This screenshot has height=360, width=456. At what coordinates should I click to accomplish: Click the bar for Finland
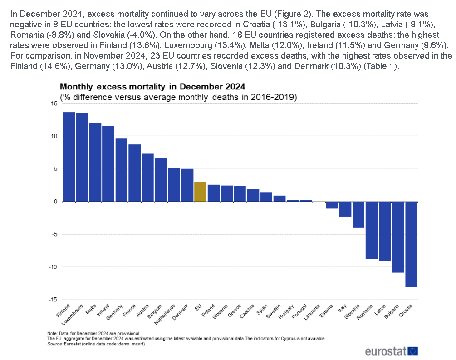tap(69, 157)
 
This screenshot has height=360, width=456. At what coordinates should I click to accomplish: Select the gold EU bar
tap(200, 192)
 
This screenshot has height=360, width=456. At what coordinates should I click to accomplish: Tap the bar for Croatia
tap(411, 244)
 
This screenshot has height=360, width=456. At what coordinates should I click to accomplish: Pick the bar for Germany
tap(121, 170)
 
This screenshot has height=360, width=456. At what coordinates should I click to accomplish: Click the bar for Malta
tap(95, 162)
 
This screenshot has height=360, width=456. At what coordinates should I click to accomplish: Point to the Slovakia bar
tap(358, 215)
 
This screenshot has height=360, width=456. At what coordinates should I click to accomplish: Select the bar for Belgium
tap(161, 180)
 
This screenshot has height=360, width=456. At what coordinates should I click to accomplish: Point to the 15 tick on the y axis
tap(54, 104)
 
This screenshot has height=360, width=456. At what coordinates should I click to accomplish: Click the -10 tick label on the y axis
tap(52, 267)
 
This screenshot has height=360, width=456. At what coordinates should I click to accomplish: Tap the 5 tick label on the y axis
tap(55, 169)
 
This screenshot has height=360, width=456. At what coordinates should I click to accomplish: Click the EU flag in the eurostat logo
tap(412, 351)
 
